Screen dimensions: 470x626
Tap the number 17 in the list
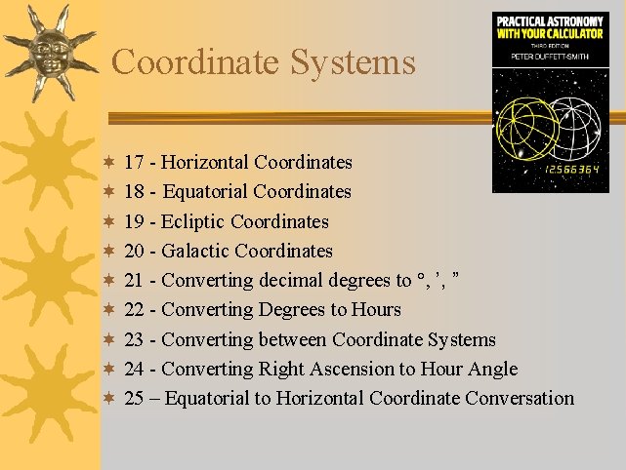(136, 162)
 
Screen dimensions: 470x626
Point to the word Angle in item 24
(491, 370)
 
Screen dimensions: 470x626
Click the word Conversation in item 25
(520, 398)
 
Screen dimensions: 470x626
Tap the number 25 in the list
(136, 398)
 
